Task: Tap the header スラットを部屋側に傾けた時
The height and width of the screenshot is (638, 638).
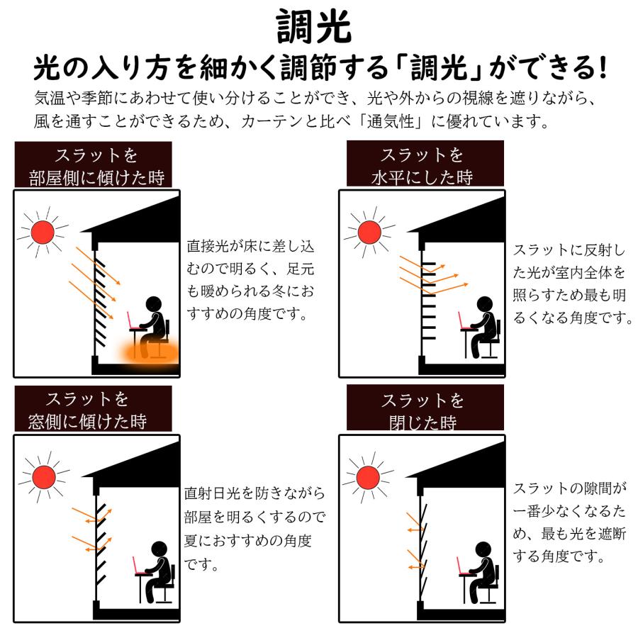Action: coord(96,166)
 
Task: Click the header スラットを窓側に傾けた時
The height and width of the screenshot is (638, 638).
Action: coord(96,410)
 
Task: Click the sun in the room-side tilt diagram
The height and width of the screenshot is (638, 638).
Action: coord(42,231)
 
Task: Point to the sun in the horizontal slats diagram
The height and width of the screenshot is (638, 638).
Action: coord(369,231)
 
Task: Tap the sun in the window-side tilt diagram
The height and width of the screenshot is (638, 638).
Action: coord(42,476)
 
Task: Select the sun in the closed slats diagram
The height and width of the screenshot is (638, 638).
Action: coord(369,476)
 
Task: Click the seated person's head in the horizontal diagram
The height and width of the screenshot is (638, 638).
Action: coord(483,304)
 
